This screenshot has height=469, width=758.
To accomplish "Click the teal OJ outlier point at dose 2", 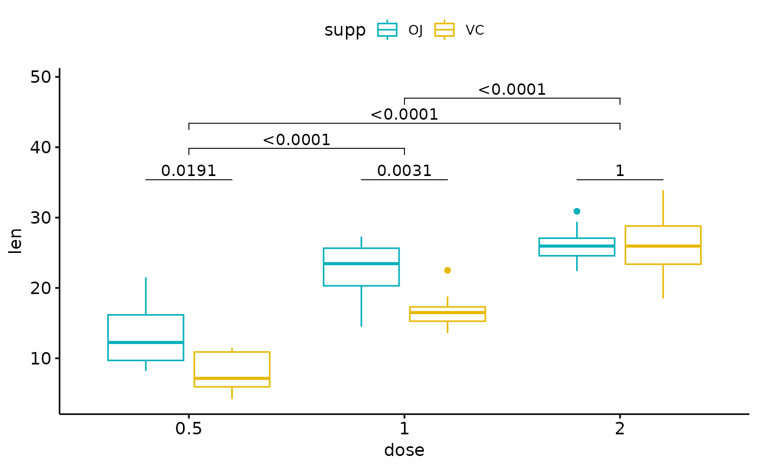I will (577, 211).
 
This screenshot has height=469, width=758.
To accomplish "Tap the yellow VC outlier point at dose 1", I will (447, 270).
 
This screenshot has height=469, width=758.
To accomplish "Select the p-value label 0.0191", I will (188, 171).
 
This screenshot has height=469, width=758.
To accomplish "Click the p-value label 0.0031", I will (404, 171).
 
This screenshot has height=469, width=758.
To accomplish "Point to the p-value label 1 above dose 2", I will (620, 171).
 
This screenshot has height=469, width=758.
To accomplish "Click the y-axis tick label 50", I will (40, 77).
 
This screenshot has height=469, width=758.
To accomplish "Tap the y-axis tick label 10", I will (40, 359).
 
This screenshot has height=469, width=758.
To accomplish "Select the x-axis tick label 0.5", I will (188, 429).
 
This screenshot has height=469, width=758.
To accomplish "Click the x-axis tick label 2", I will (620, 429).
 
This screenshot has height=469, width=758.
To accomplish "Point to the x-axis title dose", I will (404, 451).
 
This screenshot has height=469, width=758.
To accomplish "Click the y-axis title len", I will (16, 241).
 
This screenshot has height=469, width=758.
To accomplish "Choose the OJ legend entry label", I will (415, 30).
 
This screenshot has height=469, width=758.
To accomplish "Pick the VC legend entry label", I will (474, 30).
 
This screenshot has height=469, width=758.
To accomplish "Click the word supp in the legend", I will (345, 31).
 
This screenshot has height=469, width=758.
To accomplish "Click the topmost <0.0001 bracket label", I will (512, 90).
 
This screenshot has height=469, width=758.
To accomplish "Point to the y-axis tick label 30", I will (40, 218).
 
